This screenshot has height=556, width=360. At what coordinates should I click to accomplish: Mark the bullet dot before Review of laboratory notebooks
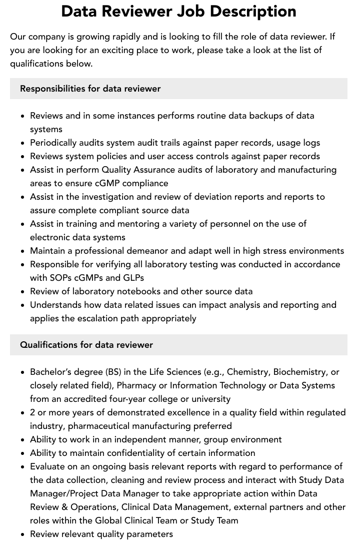click(x=22, y=292)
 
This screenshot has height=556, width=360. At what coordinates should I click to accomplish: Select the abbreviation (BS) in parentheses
click(x=113, y=372)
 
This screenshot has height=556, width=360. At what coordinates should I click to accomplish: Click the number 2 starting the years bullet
click(x=33, y=412)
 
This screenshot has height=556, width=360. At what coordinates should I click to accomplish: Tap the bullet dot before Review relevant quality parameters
click(x=22, y=534)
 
